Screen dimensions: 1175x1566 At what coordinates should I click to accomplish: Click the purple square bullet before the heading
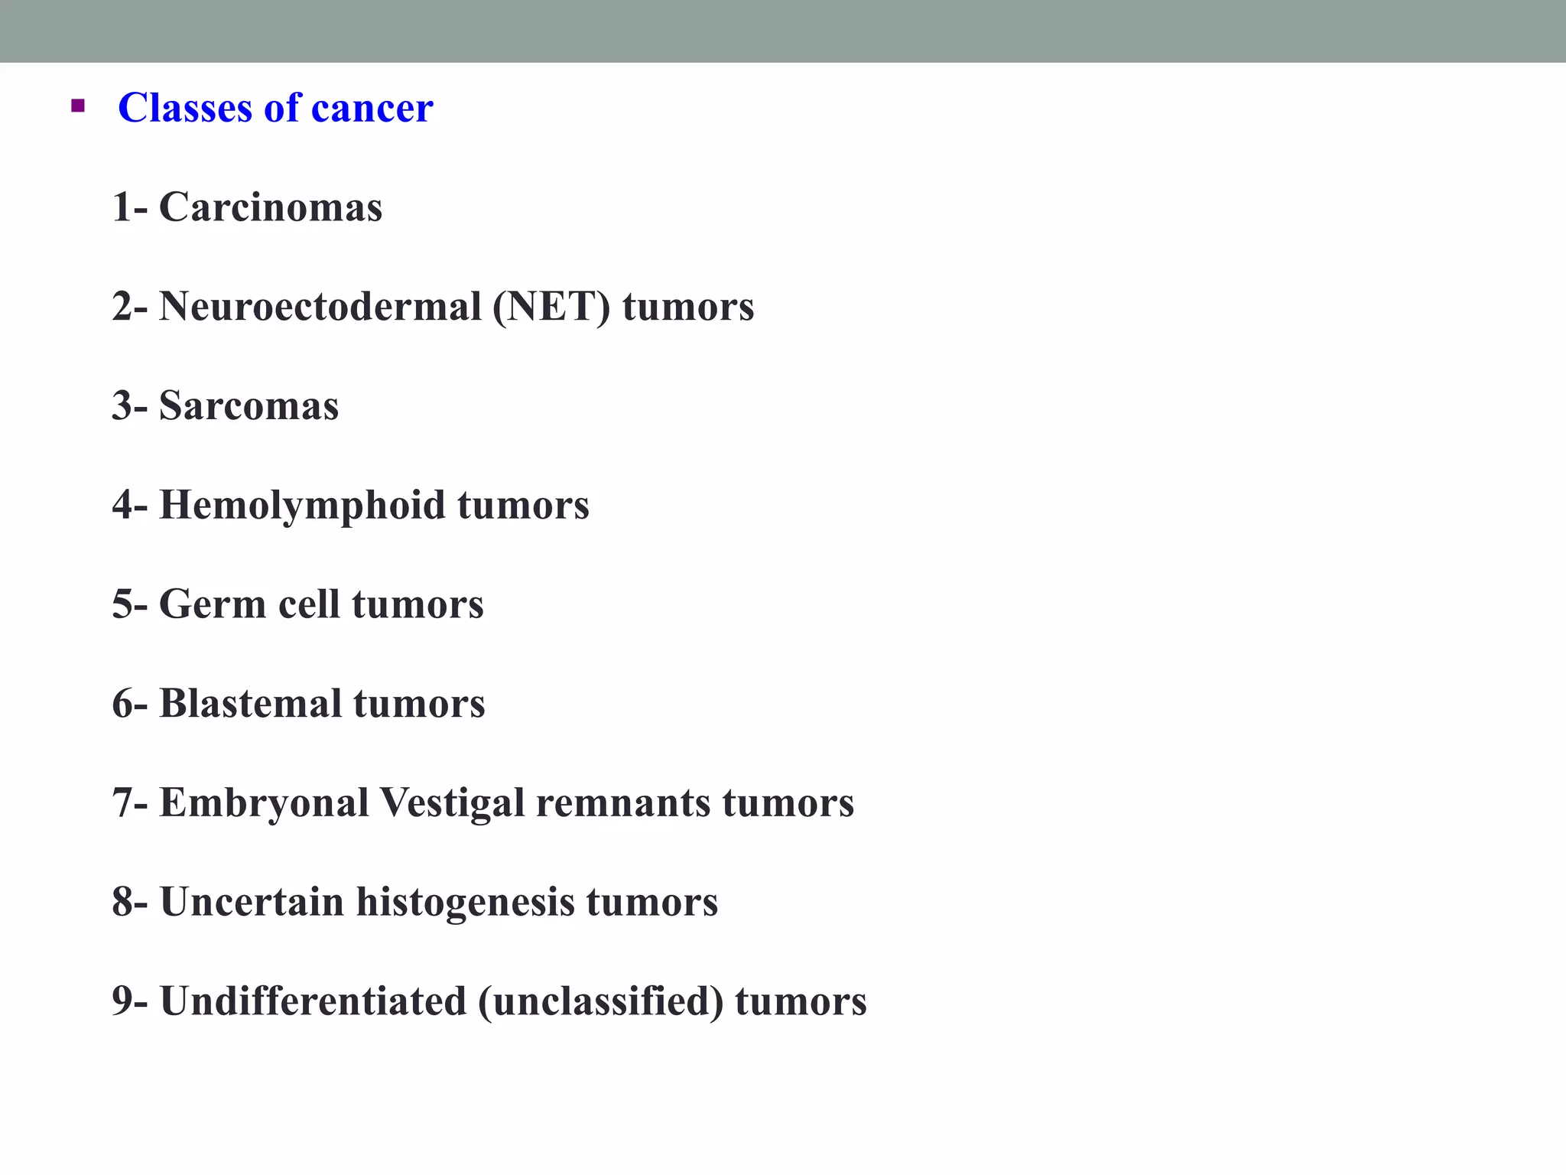[x=77, y=106]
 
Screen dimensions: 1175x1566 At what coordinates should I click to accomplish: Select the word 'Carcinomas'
[x=270, y=207]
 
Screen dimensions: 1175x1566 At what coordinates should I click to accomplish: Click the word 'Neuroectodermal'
[x=320, y=307]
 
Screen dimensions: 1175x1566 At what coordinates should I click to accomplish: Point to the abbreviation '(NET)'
[x=551, y=307]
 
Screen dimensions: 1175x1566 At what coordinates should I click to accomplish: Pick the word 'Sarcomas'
[x=249, y=405]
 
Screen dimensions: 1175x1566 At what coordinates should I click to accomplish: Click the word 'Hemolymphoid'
[x=302, y=506]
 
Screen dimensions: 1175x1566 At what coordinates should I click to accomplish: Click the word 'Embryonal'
[x=264, y=803]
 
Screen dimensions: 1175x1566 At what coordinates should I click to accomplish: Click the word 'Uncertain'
[x=252, y=902]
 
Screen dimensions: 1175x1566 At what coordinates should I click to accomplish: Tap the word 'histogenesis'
[x=465, y=902]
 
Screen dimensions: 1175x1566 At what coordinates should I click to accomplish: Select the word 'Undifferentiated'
[x=313, y=1001]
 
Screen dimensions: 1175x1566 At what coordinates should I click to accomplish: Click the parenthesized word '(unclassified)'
[x=600, y=1001]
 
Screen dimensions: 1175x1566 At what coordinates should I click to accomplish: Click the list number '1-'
[x=129, y=207]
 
